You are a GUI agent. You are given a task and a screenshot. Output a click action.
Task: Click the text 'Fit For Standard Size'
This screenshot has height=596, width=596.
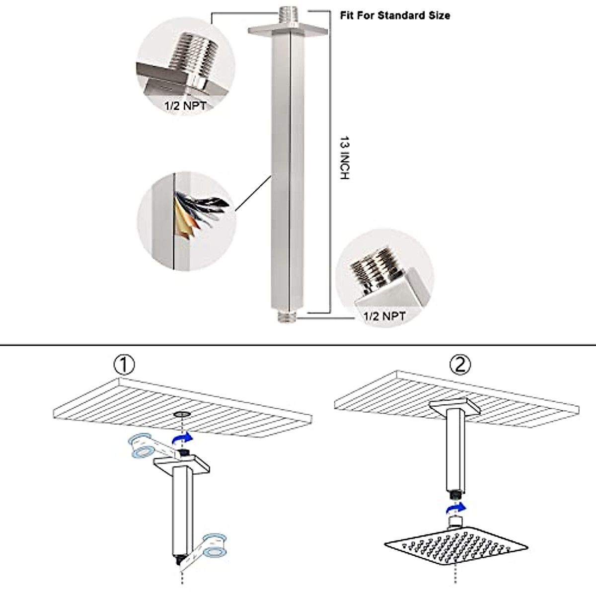click(x=395, y=15)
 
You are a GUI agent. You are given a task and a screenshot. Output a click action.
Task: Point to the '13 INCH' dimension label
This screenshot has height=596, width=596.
click(x=344, y=157)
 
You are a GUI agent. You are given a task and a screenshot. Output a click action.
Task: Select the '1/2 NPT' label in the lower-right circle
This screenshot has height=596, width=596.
click(x=384, y=316)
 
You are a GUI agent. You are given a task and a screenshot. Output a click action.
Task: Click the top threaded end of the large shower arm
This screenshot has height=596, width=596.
click(x=288, y=15)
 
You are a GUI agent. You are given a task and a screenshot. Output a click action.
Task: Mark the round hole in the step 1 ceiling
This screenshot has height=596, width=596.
click(x=182, y=414)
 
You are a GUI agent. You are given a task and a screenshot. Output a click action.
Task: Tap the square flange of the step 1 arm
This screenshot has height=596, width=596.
click(x=182, y=464)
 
